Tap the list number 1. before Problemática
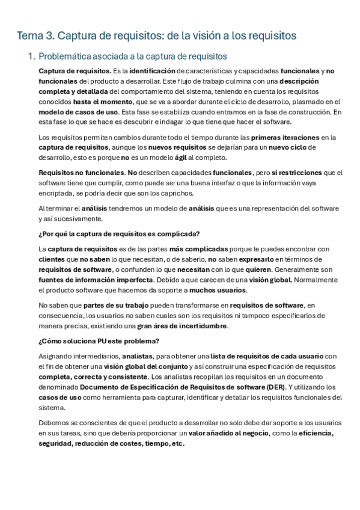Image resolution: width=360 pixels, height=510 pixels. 32,57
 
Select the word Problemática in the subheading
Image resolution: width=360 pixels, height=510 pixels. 65,57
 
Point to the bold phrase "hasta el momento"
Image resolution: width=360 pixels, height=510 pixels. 103,102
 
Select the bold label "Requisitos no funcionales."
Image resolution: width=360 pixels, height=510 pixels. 79,173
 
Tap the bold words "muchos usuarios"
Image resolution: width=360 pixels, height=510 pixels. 209,289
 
